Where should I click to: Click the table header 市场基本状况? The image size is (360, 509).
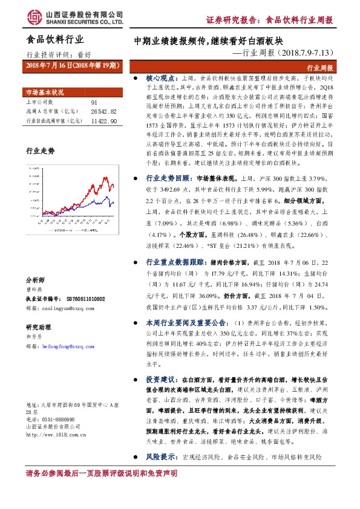44,92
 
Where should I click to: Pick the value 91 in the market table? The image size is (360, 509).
94,103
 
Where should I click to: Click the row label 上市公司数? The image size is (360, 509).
39,103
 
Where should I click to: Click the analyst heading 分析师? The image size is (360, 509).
34,280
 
